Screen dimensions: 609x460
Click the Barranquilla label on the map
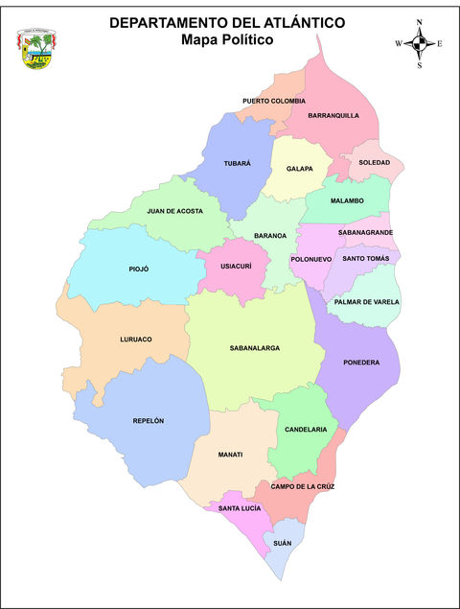(x=333, y=115)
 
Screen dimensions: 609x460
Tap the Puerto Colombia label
(x=274, y=101)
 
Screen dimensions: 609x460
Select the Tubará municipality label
(x=237, y=163)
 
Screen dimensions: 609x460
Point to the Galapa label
(x=300, y=169)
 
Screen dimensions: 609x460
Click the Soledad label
(x=374, y=162)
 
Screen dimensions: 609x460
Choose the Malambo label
(x=347, y=200)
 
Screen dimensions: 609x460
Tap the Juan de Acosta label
(x=174, y=211)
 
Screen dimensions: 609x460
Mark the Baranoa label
(x=270, y=235)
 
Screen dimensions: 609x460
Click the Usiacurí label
(x=236, y=266)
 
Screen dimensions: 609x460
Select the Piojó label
(x=139, y=269)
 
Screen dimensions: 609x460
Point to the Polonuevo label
(x=310, y=259)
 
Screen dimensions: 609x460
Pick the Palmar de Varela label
(x=367, y=302)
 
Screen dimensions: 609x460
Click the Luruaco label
(x=136, y=340)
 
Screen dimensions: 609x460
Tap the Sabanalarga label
(x=255, y=348)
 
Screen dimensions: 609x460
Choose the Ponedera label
(x=361, y=363)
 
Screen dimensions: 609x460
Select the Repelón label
(x=149, y=421)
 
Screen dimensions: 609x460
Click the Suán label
(x=282, y=543)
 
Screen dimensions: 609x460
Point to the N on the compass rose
(x=420, y=21)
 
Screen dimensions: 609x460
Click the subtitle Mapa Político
(x=227, y=40)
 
